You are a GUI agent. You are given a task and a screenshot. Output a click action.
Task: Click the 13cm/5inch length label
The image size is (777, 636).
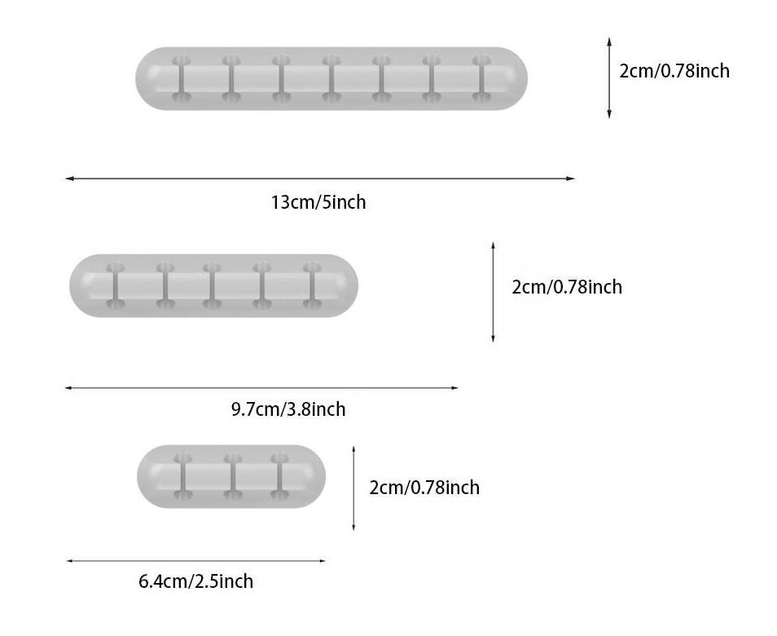[x=318, y=202]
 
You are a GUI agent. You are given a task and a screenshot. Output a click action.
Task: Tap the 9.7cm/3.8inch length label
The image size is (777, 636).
[x=288, y=409]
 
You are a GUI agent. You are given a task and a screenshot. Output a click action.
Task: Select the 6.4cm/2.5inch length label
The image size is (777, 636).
[x=195, y=581]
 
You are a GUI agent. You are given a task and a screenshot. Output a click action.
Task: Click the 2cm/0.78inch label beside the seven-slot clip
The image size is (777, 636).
[x=674, y=71]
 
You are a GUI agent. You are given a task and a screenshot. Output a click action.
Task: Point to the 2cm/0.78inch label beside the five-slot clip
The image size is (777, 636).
[x=567, y=287]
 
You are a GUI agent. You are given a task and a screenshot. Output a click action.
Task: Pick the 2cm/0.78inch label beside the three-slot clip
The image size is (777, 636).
[x=424, y=487]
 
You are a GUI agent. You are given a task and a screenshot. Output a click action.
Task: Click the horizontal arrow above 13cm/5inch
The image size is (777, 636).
[x=320, y=178]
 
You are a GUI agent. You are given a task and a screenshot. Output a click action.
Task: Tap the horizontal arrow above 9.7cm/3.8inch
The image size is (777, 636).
[x=261, y=388]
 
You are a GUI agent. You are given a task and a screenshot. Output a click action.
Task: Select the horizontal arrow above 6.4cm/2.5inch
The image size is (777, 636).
[x=196, y=561]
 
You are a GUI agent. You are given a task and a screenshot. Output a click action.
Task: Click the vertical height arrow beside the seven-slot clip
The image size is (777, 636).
[x=609, y=78]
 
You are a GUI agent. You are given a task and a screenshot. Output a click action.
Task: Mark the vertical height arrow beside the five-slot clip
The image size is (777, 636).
[x=493, y=292]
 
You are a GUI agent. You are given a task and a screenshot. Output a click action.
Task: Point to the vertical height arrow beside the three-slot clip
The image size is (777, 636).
[x=353, y=488]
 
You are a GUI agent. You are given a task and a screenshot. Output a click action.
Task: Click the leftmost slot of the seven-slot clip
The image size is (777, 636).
[x=181, y=78]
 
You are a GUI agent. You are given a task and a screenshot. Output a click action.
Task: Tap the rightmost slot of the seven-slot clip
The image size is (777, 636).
[x=481, y=78]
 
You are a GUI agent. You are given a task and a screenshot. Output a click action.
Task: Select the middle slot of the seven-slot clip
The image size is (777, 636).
[x=331, y=78]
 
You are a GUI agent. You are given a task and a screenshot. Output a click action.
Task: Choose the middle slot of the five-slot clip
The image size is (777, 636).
[x=212, y=285]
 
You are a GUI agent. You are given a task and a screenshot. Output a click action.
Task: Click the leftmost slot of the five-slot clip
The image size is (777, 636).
[x=115, y=285]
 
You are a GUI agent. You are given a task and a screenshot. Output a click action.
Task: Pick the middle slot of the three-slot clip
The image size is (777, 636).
[x=233, y=476]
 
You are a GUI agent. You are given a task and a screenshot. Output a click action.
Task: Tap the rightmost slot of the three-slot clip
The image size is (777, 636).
[x=279, y=476]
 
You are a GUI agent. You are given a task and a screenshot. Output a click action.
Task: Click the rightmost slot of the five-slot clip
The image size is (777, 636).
[x=312, y=285]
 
